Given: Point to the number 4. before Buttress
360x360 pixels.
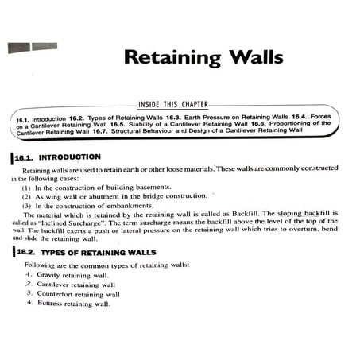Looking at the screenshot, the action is [x=29, y=303].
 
